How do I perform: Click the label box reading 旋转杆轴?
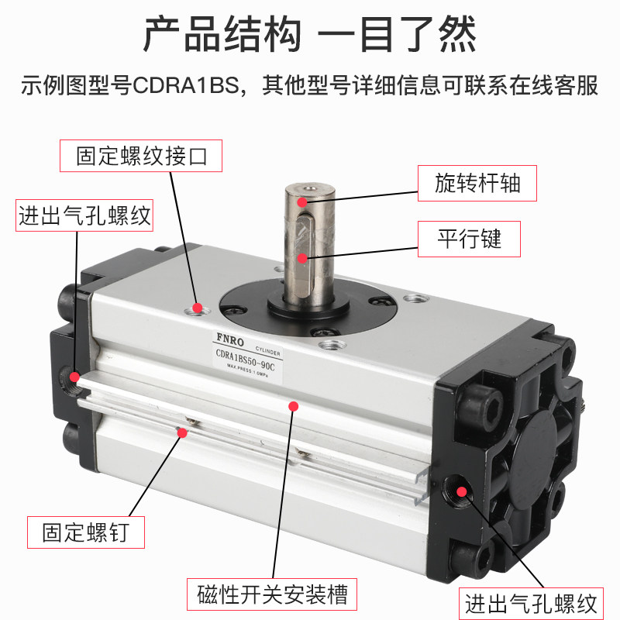click(x=477, y=184)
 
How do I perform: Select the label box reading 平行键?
click(x=468, y=239)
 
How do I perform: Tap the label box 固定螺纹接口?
click(x=142, y=155)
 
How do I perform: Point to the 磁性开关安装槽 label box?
click(x=272, y=595)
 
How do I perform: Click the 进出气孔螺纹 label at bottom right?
click(x=531, y=602)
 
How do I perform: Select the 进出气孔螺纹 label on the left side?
click(x=84, y=215)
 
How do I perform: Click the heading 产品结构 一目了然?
click(x=310, y=35)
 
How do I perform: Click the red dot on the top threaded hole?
click(x=198, y=308)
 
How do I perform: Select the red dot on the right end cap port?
click(x=462, y=490)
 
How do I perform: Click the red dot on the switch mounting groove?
click(x=293, y=405)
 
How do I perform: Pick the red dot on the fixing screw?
click(x=182, y=432)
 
